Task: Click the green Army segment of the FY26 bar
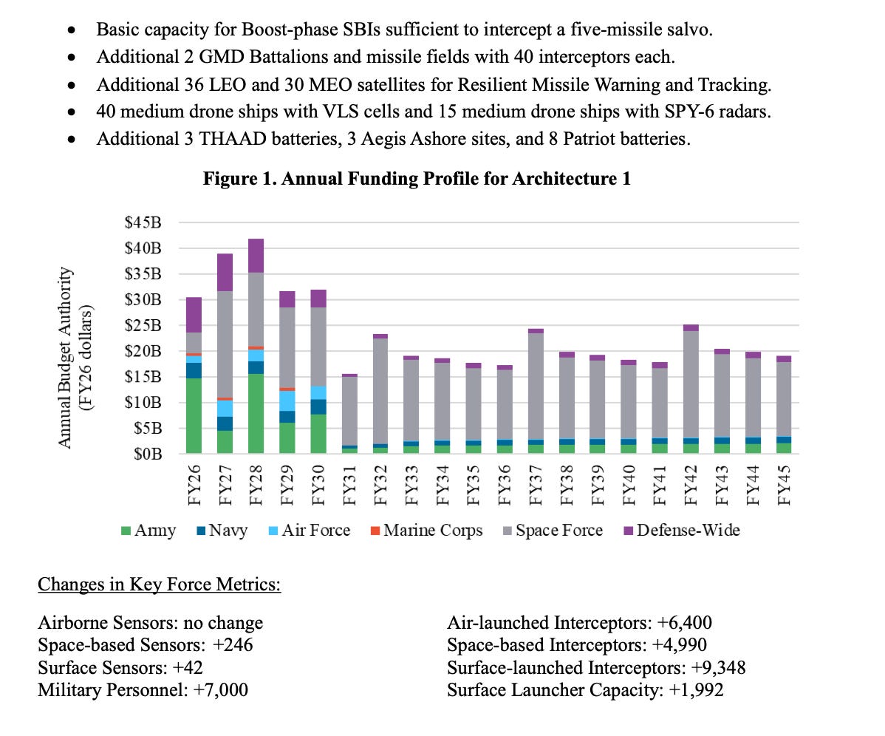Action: click(193, 416)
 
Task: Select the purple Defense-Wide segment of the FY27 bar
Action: click(225, 272)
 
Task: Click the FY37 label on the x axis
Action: click(536, 483)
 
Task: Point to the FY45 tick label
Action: click(785, 483)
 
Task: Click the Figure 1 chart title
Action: click(417, 178)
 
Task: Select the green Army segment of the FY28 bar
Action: click(256, 414)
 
